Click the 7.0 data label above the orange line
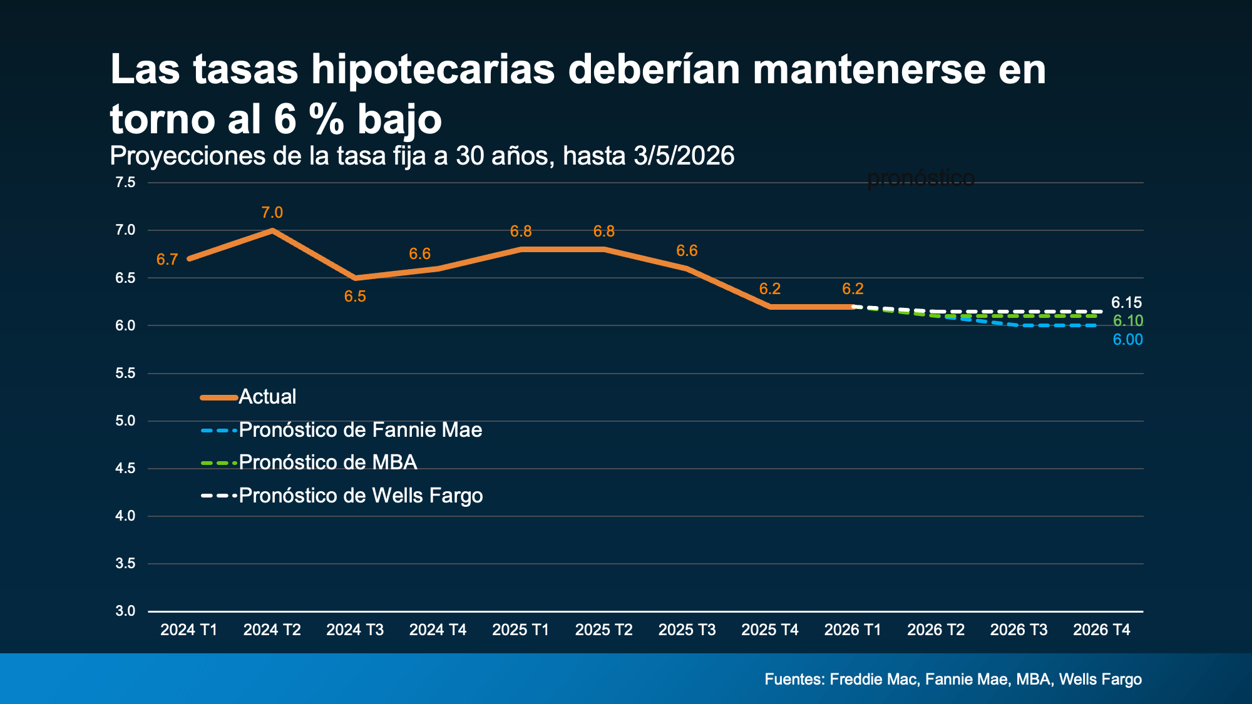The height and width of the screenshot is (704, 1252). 272,213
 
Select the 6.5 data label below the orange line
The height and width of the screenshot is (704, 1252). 355,297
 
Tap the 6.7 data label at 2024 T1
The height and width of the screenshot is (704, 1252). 167,260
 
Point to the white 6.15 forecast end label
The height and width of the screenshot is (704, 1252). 1126,303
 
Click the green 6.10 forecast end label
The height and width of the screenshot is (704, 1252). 1127,321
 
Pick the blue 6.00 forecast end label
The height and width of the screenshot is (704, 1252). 1127,340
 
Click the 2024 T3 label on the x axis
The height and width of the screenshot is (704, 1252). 355,630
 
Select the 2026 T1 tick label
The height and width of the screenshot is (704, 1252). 853,630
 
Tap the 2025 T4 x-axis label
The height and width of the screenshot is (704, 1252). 769,630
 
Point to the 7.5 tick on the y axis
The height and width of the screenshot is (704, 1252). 125,183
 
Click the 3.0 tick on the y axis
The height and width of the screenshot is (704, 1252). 125,611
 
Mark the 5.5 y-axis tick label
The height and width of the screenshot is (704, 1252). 125,374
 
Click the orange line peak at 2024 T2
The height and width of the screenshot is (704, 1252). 272,230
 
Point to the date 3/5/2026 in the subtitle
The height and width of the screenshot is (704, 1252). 684,156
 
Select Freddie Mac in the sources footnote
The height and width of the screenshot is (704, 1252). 874,680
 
